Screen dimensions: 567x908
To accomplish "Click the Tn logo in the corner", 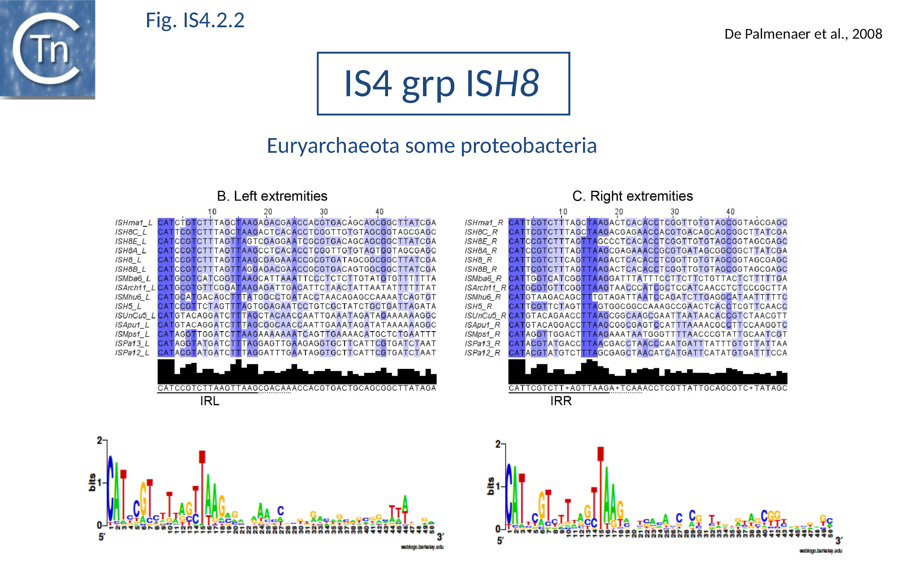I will [47, 49].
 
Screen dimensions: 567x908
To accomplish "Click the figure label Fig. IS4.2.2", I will [195, 20].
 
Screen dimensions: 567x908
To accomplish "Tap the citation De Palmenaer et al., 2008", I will [803, 34].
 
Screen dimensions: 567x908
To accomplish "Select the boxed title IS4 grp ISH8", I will [443, 83].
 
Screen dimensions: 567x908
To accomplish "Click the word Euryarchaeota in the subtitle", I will [333, 145].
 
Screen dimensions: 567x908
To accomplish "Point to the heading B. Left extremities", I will [272, 196].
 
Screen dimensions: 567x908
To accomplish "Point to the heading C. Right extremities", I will [632, 196].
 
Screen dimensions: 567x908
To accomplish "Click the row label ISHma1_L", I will [133, 223].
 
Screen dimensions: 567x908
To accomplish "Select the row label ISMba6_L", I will [133, 279].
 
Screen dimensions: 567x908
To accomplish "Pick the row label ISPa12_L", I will [132, 353].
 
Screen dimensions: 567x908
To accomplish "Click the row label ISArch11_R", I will [485, 288].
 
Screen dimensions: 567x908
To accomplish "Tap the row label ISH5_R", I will [478, 307].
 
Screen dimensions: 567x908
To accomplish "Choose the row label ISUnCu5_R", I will [485, 316].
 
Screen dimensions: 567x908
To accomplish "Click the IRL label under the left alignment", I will [210, 401].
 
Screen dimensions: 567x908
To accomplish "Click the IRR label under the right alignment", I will [560, 401].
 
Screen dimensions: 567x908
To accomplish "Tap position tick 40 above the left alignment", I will [379, 212].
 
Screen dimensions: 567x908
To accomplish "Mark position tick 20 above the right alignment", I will [618, 212].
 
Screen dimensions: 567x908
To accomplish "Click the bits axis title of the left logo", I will [92, 482].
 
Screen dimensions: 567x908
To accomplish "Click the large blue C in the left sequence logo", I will [110, 488].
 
